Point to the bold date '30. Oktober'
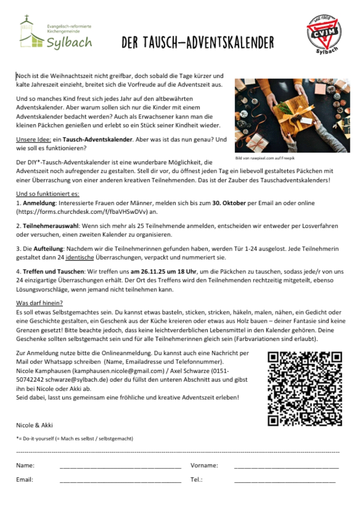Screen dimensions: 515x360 228,203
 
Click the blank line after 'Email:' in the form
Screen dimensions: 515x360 120,480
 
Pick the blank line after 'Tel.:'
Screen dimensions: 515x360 285,480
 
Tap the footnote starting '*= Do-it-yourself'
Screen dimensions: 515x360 74,439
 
